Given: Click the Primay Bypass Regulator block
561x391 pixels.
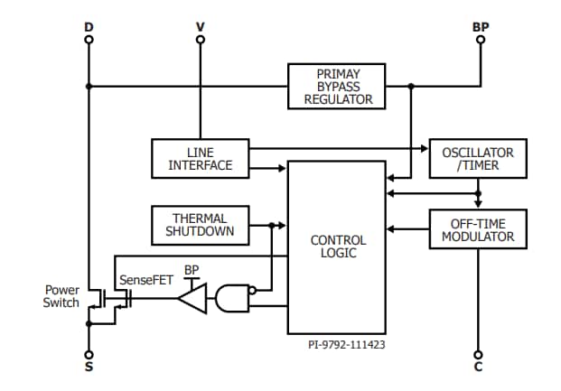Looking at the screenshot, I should click(337, 86).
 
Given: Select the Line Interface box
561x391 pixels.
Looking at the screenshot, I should click(200, 158).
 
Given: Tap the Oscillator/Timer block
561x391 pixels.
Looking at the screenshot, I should click(476, 158).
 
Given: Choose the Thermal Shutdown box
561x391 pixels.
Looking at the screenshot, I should click(200, 224).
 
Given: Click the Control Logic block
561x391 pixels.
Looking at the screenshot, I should click(338, 247).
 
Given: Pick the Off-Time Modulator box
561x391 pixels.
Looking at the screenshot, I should click(476, 230).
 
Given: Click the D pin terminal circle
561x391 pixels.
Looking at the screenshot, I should click(89, 41).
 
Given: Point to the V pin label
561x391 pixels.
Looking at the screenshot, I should click(200, 27).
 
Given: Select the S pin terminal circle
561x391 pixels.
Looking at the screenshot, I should click(89, 355).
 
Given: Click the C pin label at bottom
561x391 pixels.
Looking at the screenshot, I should click(479, 368).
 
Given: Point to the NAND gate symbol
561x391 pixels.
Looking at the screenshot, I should click(230, 297).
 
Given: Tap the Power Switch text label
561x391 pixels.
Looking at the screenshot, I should click(61, 296).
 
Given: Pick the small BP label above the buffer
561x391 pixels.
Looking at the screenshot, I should click(192, 270).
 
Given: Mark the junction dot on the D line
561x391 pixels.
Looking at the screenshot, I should click(89, 87).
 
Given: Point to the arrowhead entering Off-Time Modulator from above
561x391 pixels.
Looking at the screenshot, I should click(478, 207).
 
